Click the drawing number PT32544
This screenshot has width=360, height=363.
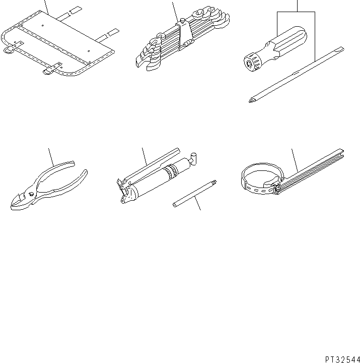(x=342, y=359)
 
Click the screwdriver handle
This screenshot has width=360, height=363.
(x=275, y=49)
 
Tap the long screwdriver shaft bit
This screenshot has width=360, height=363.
(x=297, y=75)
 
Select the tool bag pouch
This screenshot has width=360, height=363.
(x=58, y=43)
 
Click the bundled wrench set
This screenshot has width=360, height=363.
(x=183, y=38)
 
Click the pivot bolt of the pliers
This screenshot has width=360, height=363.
(x=31, y=194)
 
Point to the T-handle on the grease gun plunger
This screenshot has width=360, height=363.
(x=193, y=159)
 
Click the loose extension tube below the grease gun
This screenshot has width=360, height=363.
(x=195, y=194)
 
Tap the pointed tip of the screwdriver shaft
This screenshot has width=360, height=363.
(x=250, y=101)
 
